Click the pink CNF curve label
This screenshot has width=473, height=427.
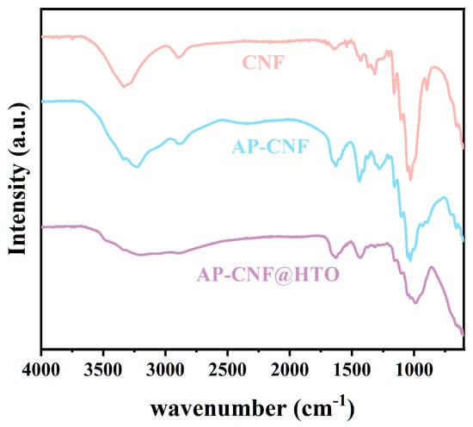[x=263, y=63]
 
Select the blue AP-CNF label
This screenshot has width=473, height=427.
[x=271, y=146]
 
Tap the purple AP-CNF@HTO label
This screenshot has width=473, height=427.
[x=268, y=275]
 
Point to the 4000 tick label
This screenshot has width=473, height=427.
[x=41, y=369]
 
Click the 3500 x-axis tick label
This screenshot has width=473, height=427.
[x=103, y=369]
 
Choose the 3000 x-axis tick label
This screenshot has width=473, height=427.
[x=165, y=369]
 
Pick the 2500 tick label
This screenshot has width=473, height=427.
[x=227, y=369]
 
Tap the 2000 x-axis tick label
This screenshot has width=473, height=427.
[x=289, y=369]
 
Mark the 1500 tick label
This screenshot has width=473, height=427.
[x=352, y=369]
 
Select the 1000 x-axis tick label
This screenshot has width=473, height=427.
[x=414, y=369]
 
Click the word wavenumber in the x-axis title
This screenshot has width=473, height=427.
[x=218, y=410]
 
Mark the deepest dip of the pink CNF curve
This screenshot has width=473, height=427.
[x=410, y=179]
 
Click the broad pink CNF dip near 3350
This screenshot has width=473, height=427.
[x=123, y=87]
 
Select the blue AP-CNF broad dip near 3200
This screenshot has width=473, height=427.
[x=138, y=166]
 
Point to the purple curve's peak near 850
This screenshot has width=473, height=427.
[x=432, y=267]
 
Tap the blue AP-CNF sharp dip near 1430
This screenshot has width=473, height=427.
[x=359, y=181]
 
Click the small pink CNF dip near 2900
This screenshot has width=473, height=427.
[x=179, y=58]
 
